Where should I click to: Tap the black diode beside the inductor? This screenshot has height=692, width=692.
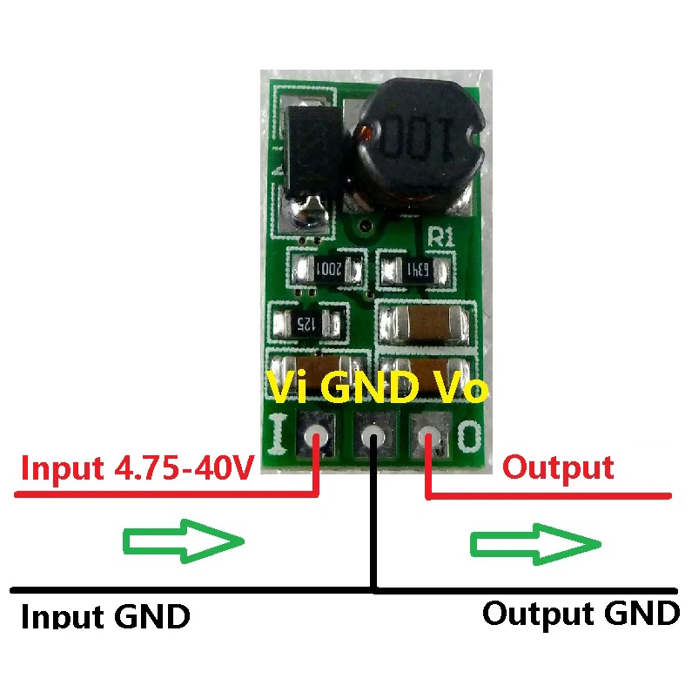click(304, 148)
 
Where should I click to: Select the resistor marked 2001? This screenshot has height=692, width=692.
click(328, 270)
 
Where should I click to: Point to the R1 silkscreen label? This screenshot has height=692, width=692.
click(442, 234)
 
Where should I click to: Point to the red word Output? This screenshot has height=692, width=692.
click(558, 467)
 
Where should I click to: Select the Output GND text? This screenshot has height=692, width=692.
click(581, 613)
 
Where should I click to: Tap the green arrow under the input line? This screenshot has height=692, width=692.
click(183, 543)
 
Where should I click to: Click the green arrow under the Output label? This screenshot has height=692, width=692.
click(536, 543)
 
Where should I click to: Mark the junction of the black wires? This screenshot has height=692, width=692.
click(373, 590)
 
